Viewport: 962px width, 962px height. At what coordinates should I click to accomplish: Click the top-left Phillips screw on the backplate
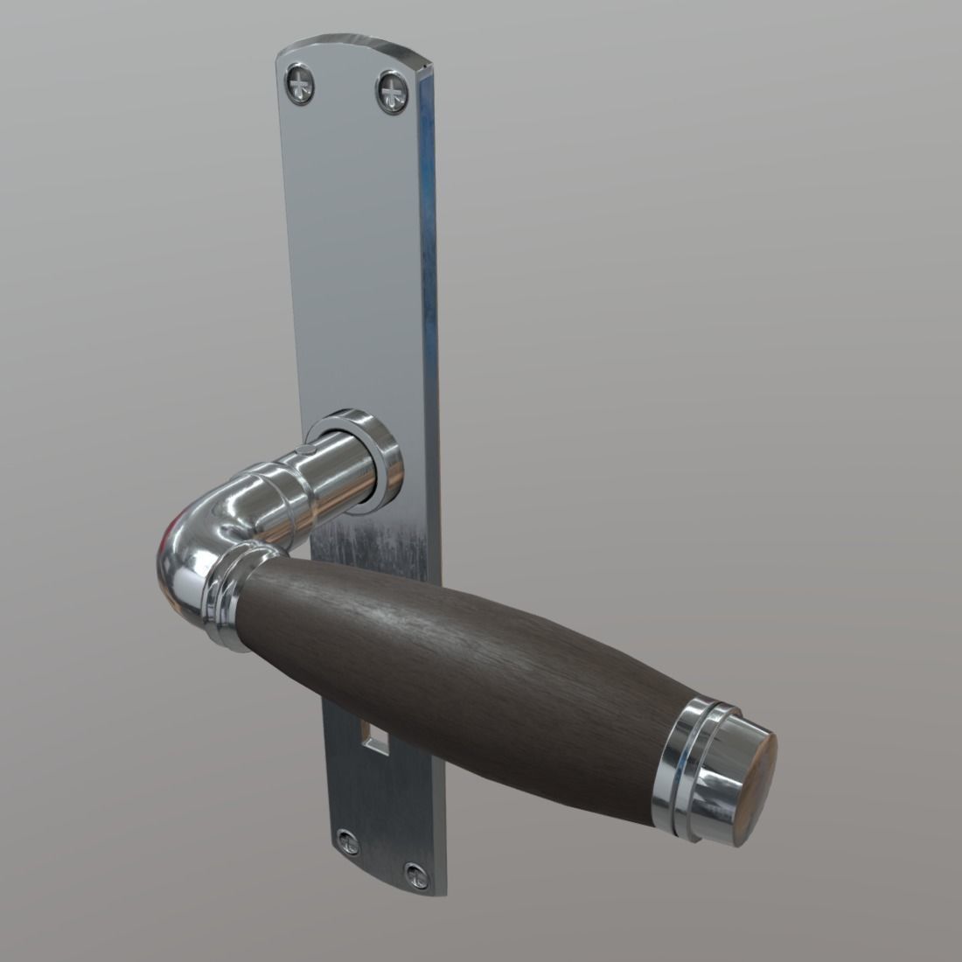299,85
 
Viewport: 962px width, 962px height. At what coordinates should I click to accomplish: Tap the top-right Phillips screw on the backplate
393,91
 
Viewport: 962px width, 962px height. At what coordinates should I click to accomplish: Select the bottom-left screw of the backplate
348,842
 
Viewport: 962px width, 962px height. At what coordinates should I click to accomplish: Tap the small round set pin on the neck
303,450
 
